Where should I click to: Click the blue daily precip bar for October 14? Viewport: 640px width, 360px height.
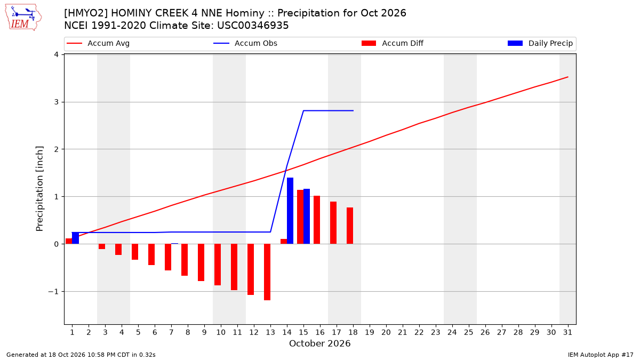(290, 211)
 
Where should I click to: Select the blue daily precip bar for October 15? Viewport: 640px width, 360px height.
(307, 217)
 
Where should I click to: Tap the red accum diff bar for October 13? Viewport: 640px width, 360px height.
(267, 272)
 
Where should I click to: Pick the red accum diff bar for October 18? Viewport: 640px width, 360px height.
(350, 226)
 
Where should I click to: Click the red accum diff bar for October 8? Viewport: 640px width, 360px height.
(185, 260)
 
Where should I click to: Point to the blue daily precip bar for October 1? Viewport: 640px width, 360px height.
(75, 238)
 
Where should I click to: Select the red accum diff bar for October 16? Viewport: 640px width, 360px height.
(317, 220)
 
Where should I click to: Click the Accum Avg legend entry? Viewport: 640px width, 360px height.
(98, 43)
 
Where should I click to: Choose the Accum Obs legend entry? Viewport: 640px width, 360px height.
(245, 43)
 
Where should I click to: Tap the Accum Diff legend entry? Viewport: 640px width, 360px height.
(393, 43)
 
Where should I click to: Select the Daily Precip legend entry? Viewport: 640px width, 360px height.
(540, 43)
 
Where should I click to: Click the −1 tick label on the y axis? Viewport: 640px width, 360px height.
(53, 292)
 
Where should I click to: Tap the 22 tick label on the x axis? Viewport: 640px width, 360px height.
(419, 332)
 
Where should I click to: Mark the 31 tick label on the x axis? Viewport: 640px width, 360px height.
(567, 332)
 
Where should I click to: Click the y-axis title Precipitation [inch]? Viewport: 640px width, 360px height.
(39, 189)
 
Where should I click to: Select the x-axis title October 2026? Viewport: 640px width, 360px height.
(319, 343)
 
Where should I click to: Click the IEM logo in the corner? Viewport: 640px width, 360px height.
(23, 18)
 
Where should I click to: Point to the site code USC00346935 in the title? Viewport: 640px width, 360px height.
(253, 26)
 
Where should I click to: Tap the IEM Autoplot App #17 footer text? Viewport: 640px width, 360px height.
(601, 355)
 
